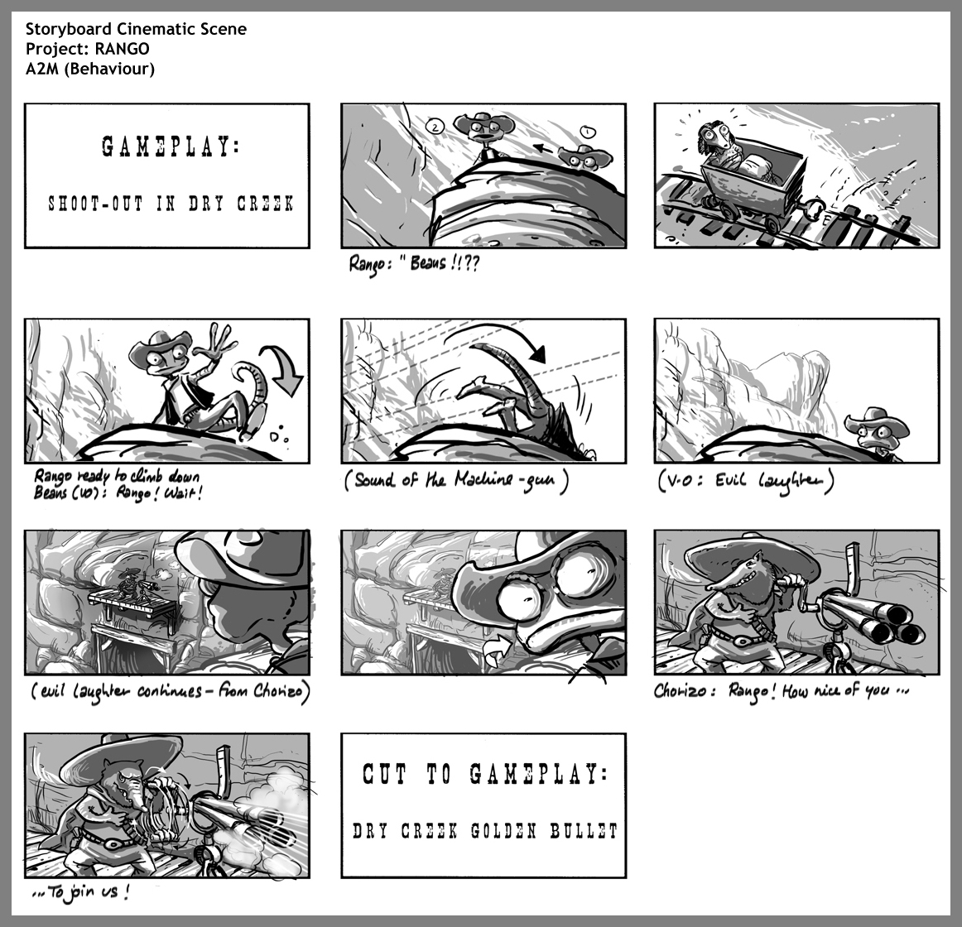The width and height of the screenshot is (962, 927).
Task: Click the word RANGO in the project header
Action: pyautogui.click(x=122, y=49)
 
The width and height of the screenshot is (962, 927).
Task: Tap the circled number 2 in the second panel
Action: pyautogui.click(x=435, y=127)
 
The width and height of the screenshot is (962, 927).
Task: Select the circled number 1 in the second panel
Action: pyautogui.click(x=587, y=132)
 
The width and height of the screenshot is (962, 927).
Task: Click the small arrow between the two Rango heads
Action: pyautogui.click(x=544, y=148)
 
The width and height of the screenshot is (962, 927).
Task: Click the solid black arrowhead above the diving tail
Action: pyautogui.click(x=537, y=354)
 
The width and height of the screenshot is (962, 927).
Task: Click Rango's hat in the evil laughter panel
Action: pyautogui.click(x=876, y=420)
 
